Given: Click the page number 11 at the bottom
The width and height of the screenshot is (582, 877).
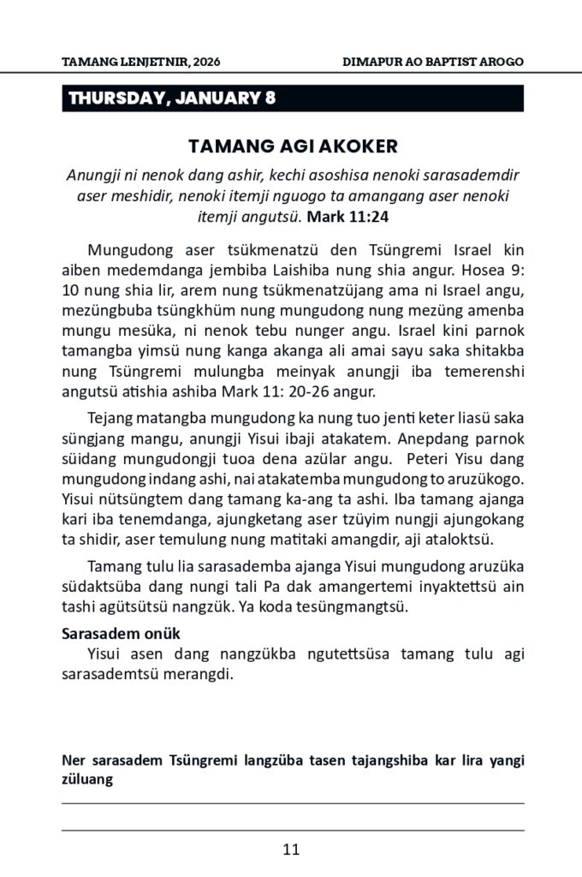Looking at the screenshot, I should point(291,850).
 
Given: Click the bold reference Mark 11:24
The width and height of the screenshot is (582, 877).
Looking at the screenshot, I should point(342,218).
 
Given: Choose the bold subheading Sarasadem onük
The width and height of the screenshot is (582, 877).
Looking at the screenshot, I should point(121,634).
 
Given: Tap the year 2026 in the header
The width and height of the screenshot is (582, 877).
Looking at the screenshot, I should point(212,63).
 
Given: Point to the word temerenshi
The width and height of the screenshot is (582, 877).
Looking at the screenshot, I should point(478,373).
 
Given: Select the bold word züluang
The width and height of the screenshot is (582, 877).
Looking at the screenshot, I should point(88,779).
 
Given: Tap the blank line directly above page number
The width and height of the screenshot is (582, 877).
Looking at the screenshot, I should point(291,830).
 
